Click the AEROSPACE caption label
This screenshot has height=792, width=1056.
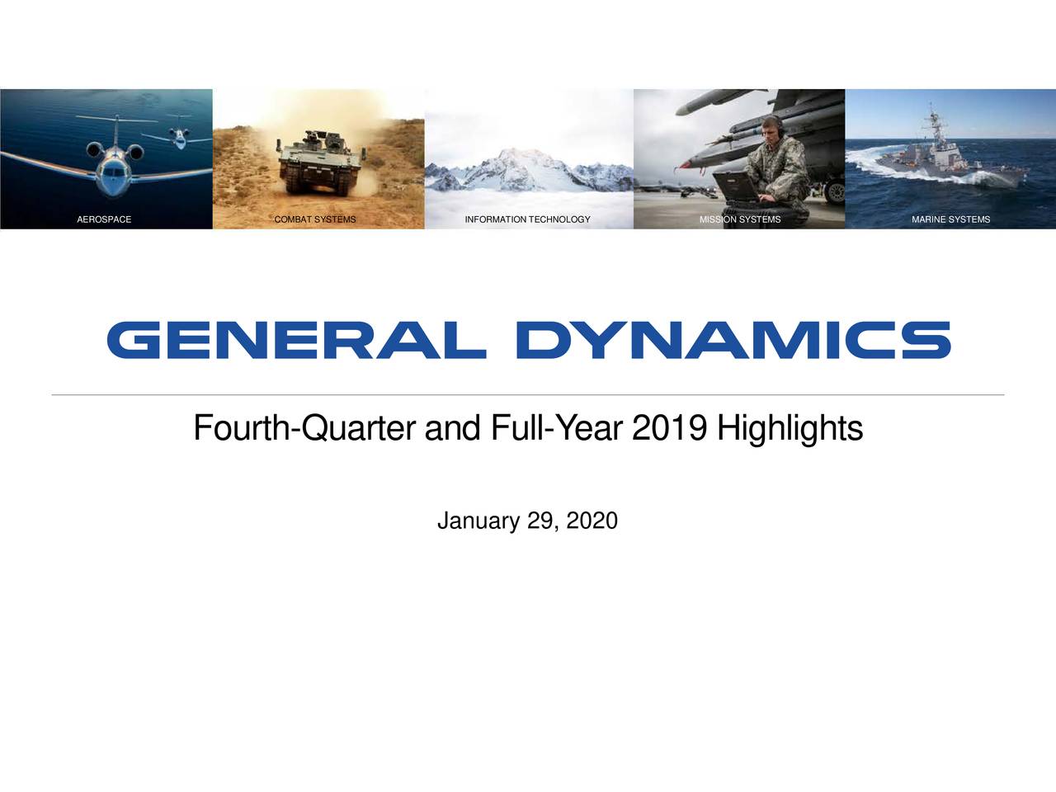pos(104,219)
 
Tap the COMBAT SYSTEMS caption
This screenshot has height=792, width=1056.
pos(315,219)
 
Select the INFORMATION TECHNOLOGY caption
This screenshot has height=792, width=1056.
pos(527,219)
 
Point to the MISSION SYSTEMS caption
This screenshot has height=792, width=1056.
pos(739,219)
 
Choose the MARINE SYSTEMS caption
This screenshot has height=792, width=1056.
pos(950,219)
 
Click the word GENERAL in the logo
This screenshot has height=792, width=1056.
pos(295,340)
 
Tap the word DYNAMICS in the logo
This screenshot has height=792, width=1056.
pos(733,340)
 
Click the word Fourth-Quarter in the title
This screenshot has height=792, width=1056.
pos(304,428)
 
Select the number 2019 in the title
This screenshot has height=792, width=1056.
pos(669,428)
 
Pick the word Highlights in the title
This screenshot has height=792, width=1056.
pos(790,428)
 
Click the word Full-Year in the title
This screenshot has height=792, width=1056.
pos(557,428)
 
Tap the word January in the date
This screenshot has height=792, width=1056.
pos(478,521)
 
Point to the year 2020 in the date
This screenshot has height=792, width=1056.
pos(592,521)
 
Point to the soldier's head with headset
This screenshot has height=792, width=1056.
pos(771,127)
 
